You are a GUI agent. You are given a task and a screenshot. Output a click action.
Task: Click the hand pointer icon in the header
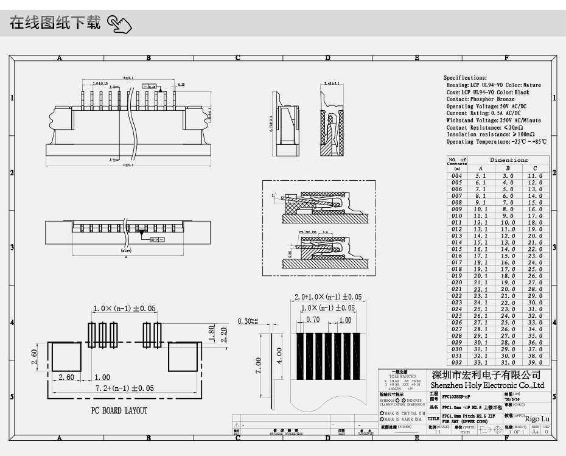120,24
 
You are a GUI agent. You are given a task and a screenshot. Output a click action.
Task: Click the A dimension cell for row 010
481,216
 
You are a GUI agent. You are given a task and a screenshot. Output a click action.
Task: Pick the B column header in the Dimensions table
508,169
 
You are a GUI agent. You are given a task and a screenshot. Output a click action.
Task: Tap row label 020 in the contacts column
456,282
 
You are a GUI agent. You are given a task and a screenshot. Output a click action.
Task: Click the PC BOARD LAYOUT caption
119,411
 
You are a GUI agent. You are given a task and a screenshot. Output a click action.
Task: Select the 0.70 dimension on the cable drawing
313,320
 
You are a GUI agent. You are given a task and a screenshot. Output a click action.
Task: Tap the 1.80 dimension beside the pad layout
211,332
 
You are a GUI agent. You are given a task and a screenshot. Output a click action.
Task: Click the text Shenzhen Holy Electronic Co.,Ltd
487,385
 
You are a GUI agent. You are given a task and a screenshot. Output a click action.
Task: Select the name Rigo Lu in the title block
537,419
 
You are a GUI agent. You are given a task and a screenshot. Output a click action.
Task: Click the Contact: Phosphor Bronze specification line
480,99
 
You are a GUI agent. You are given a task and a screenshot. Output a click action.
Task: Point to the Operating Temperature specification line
496,142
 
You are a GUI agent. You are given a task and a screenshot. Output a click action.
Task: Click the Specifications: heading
465,78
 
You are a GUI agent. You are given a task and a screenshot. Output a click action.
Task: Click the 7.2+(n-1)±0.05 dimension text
125,388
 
